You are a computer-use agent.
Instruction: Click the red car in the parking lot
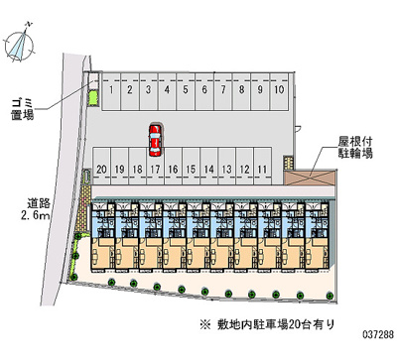point(155,140)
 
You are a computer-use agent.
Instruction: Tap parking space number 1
point(111,91)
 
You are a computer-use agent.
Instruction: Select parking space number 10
point(279,91)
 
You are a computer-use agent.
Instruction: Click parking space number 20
point(101,166)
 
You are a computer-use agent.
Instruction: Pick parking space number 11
point(262,166)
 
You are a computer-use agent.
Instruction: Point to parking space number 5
point(186,91)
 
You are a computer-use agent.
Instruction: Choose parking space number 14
point(208,166)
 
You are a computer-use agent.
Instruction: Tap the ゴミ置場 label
point(23,109)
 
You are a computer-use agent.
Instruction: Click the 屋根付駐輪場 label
point(355,148)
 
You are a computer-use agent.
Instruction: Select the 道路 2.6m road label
point(36,209)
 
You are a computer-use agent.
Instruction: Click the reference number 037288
point(378,334)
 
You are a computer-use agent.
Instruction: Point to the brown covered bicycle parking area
point(310,178)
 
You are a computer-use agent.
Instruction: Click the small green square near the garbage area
point(93,98)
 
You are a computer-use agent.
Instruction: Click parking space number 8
point(242,91)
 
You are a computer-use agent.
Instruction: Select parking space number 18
point(137,166)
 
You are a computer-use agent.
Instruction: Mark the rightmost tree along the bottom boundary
point(330,296)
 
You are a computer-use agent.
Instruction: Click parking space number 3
point(149,91)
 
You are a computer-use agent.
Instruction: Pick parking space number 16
point(173,166)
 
